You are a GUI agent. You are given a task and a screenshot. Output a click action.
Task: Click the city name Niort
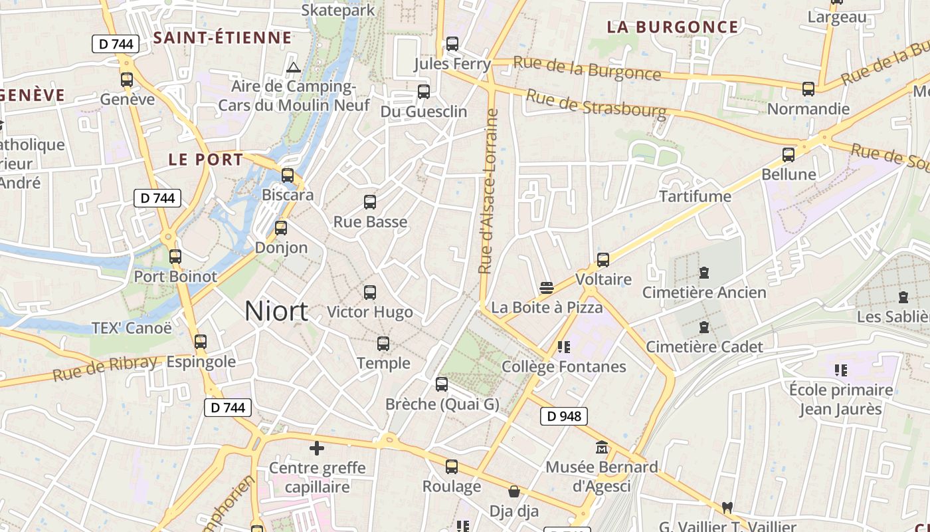pos(276,311)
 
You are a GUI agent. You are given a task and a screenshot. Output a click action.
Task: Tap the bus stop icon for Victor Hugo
pos(370,292)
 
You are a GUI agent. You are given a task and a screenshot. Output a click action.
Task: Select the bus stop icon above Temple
pos(383,344)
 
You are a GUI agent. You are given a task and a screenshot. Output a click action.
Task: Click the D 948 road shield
pos(564,416)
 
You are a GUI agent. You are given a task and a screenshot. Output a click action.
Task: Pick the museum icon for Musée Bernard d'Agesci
pos(602,448)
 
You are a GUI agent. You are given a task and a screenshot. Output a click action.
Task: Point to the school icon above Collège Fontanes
pos(564,346)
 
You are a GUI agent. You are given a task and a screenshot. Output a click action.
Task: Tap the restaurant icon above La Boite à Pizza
pos(547,287)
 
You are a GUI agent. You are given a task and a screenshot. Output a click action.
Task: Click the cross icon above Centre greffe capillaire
pos(317,448)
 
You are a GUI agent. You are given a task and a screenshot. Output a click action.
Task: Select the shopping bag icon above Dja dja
pos(513,491)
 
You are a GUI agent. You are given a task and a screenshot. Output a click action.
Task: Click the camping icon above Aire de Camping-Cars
pos(293,67)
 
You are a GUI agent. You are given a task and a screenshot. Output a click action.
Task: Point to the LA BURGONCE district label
pos(672,27)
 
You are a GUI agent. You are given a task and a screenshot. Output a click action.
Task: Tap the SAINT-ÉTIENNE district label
pos(223,38)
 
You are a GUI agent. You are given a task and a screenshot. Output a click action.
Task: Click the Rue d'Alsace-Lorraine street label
pos(489,192)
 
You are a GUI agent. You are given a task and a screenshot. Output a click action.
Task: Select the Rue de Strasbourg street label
pos(595,105)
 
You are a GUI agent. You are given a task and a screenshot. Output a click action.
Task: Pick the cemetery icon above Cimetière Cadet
pos(704,327)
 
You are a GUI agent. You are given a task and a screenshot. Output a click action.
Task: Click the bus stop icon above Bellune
pos(789,155)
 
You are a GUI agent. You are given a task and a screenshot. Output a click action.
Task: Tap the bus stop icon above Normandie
pos(808,89)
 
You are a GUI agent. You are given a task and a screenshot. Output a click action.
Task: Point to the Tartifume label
pos(695,196)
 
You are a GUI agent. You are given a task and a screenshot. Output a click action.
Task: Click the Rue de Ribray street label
pos(105,368)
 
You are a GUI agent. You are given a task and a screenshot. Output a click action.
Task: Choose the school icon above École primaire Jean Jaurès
pos(840,370)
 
